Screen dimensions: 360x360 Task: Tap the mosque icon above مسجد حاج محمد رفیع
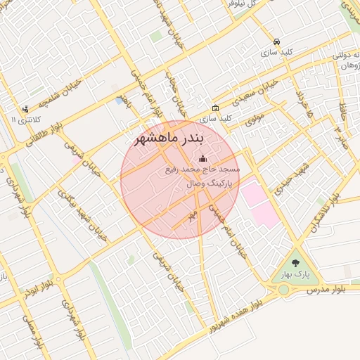[203, 158]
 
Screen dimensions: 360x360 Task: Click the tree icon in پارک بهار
[295, 262]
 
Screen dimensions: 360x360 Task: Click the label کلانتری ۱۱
[25, 120]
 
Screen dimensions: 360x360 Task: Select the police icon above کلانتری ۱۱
[25, 109]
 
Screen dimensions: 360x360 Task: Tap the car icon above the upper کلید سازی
[277, 41]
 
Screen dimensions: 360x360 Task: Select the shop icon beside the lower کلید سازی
[215, 108]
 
